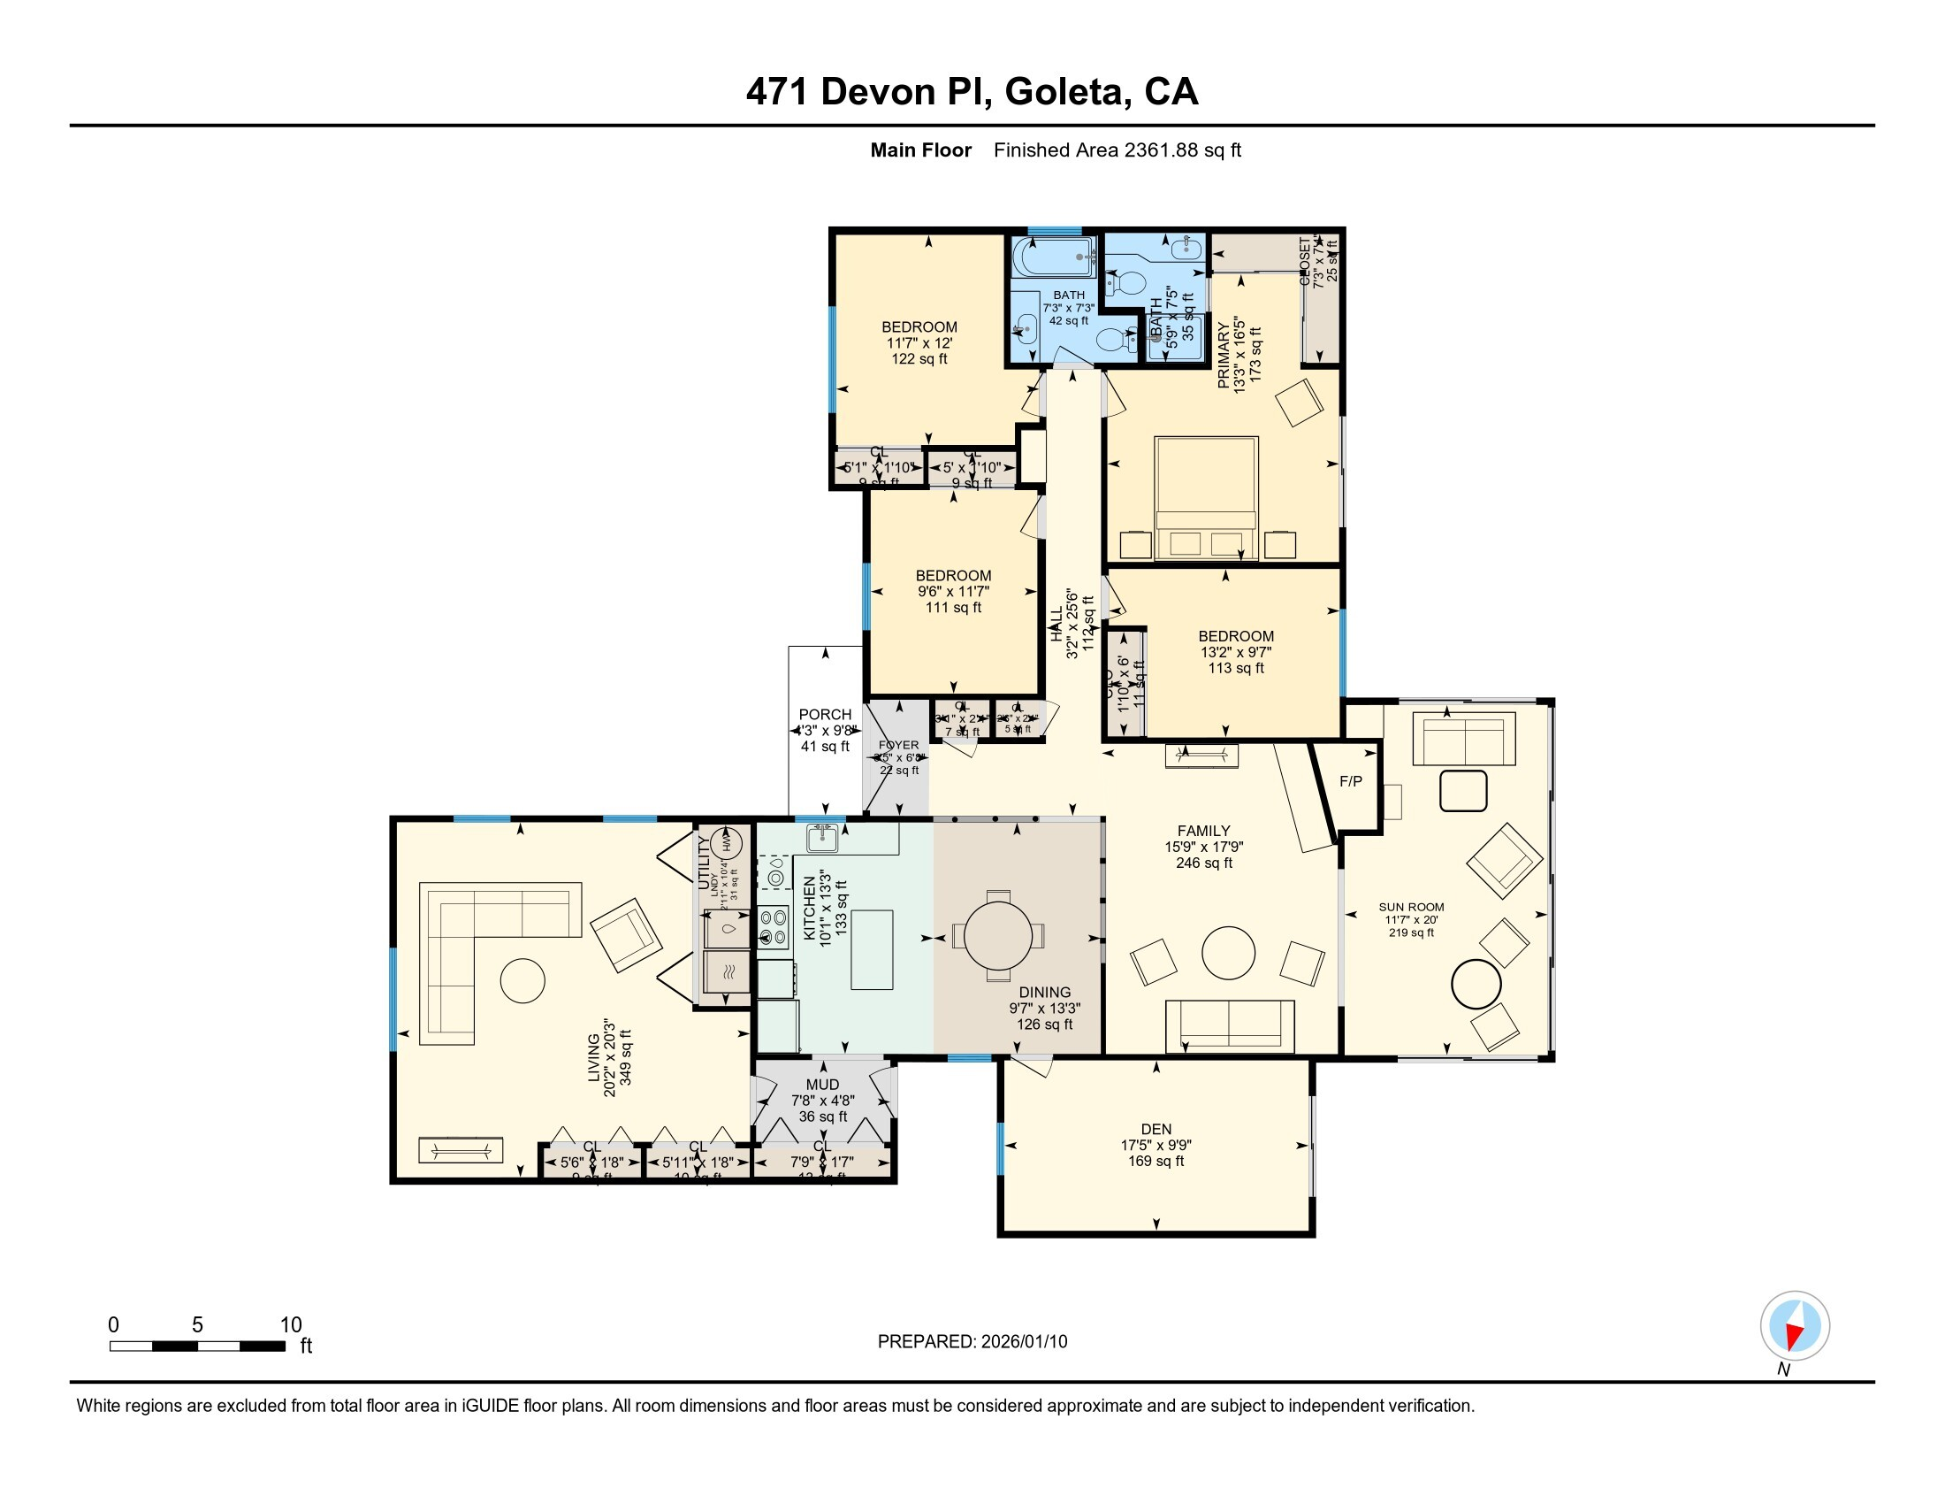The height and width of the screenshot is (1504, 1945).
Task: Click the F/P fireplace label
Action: (x=1350, y=781)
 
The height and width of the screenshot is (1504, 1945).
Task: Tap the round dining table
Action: (x=997, y=935)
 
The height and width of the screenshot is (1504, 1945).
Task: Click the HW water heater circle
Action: (x=726, y=841)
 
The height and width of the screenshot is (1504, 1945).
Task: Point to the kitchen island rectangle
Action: (x=871, y=949)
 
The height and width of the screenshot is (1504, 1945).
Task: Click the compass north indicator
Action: (x=1795, y=1326)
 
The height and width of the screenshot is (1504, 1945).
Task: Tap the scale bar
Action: (x=197, y=1346)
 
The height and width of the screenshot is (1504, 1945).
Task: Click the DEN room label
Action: (x=1156, y=1129)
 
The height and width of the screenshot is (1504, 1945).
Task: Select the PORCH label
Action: (x=825, y=715)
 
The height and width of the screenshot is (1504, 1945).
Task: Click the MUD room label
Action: (x=822, y=1085)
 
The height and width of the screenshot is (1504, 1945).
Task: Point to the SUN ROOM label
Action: (x=1412, y=907)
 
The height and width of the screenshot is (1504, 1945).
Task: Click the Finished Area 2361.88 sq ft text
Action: (x=1117, y=150)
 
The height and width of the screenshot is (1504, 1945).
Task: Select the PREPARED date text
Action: (x=972, y=1341)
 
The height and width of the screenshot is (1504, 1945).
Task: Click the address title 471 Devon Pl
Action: (x=972, y=92)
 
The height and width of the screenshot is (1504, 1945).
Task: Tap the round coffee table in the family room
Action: (x=1228, y=953)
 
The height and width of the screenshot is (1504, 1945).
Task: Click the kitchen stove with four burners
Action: (x=774, y=926)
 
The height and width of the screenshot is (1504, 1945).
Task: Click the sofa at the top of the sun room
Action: (x=1463, y=739)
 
